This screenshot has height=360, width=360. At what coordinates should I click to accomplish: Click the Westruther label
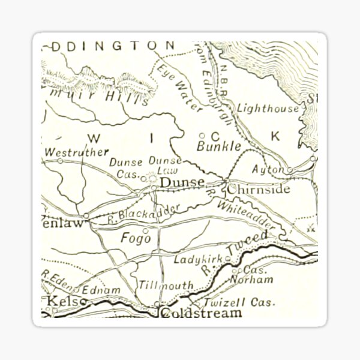pyautogui.click(x=77, y=152)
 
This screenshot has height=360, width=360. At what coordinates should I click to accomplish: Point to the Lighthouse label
pyautogui.click(x=268, y=109)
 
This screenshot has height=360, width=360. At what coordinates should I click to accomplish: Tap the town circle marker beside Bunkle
pyautogui.click(x=202, y=136)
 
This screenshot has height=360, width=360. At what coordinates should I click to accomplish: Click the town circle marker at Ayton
pyautogui.click(x=289, y=170)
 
